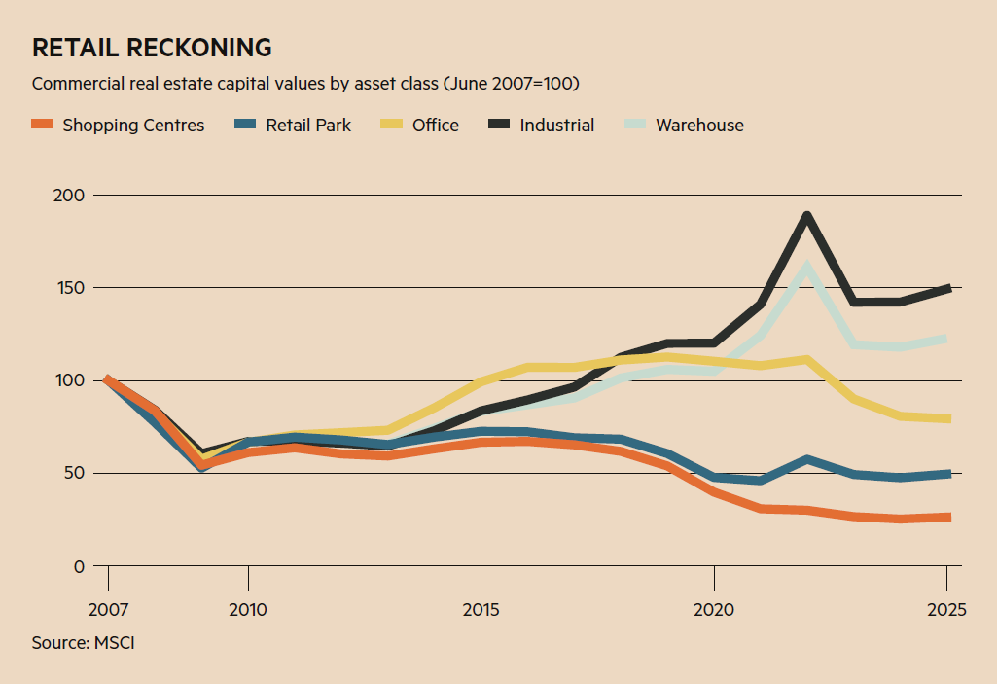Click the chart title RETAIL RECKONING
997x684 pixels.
tap(151, 47)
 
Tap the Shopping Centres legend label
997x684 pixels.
tap(133, 125)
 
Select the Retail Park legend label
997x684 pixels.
tap(308, 125)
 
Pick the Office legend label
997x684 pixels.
tap(435, 125)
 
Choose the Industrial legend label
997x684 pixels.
tap(556, 125)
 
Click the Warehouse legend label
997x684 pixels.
tap(699, 125)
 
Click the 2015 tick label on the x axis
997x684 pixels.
tap(481, 610)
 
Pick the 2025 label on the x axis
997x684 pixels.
tap(946, 610)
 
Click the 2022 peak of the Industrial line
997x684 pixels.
tap(806, 216)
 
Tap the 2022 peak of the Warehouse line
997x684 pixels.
tap(807, 265)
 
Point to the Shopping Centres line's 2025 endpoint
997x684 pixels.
tap(947, 517)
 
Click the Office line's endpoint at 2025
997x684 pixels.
tap(947, 419)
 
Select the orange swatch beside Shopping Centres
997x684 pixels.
tap(42, 125)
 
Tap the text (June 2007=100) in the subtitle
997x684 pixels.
tap(511, 84)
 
